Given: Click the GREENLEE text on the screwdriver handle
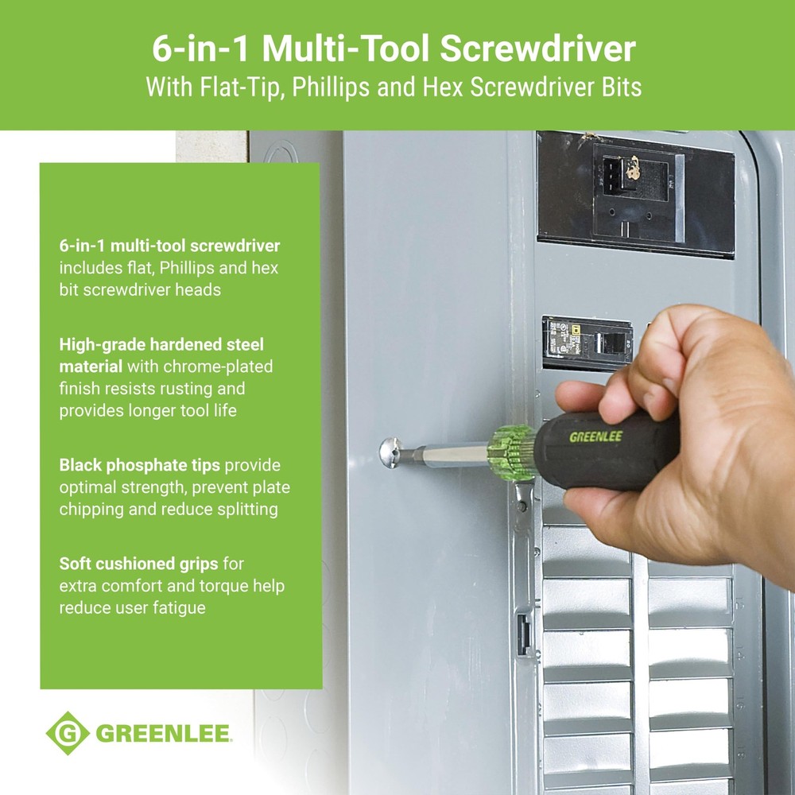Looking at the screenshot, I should pos(595,436).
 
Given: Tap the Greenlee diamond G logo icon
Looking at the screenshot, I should pos(67,733).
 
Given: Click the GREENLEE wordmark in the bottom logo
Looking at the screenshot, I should pos(163,733).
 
